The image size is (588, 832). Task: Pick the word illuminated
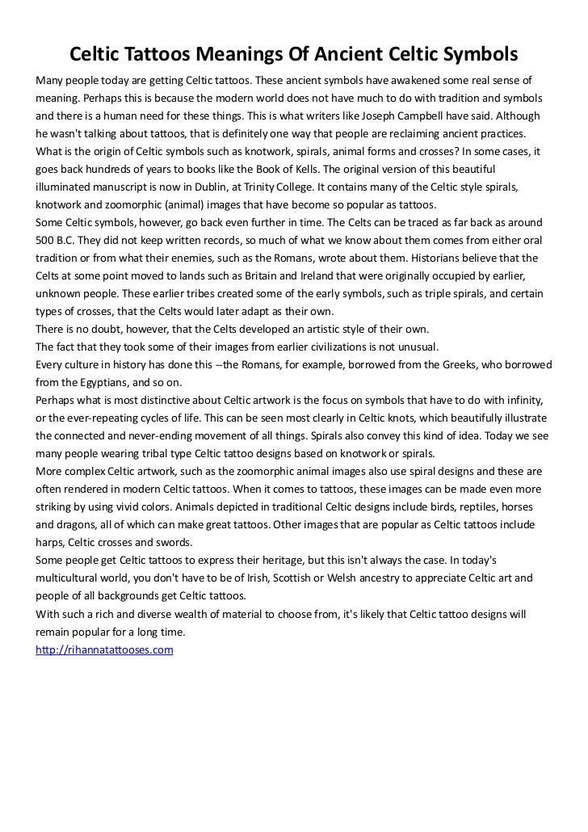point(69,187)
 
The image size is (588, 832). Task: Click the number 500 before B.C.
point(48,240)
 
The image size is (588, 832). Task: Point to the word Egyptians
point(115,382)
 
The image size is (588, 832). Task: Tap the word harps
point(51,542)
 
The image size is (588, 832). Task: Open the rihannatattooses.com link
point(104,649)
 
